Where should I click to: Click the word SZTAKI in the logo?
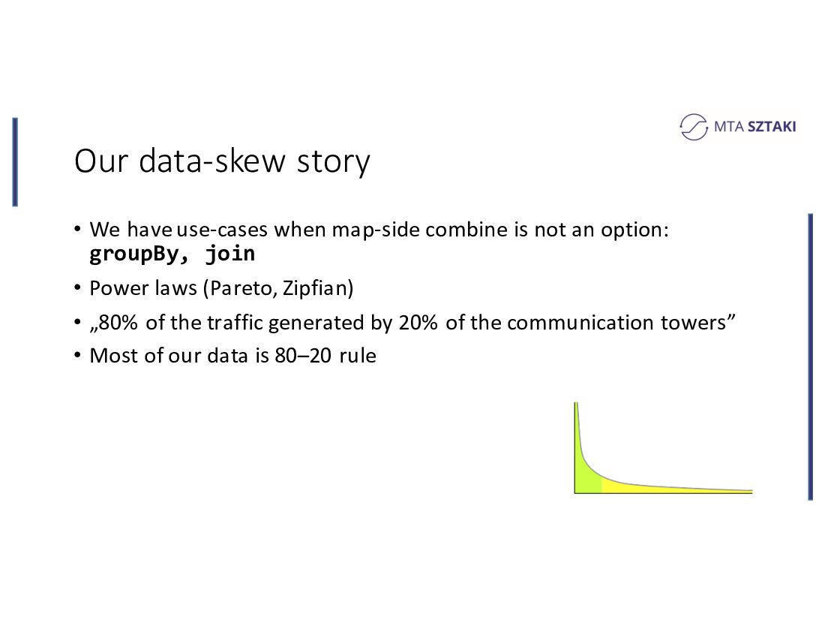tap(772, 126)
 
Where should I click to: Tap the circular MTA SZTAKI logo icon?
tap(694, 127)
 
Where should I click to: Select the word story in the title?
tap(334, 162)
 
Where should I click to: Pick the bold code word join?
tap(230, 254)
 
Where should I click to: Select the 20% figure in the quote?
tap(418, 322)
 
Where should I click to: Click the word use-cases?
tap(222, 230)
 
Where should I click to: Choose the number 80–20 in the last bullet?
tap(303, 355)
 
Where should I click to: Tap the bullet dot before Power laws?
tap(78, 288)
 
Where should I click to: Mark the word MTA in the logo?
tap(729, 126)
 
